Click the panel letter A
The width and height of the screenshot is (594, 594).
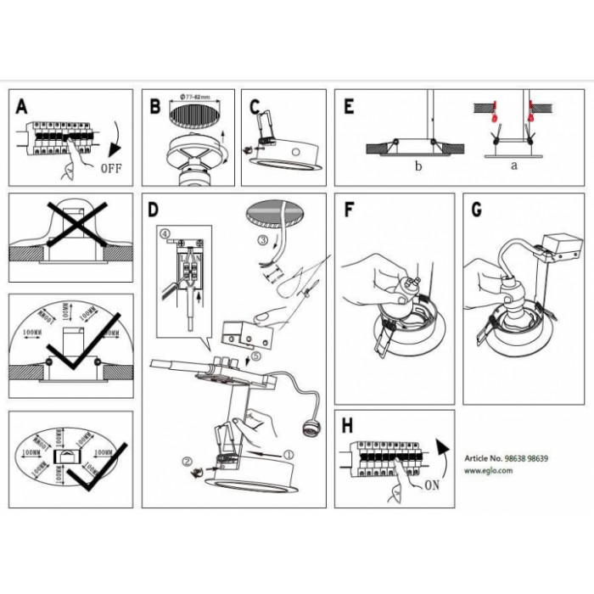coord(21,108)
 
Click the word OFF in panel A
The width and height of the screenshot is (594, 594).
coord(111,167)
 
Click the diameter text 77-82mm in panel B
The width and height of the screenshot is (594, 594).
coord(198,99)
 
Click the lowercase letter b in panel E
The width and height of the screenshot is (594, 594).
coord(417,167)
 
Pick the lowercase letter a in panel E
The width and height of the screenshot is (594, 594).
coord(513,166)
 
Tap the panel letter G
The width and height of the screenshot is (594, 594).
coord(477,210)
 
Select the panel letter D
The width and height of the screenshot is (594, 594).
coord(154,210)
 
